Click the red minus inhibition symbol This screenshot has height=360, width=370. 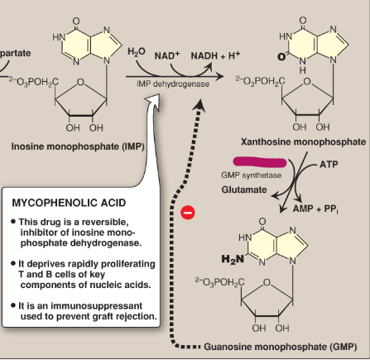pyautogui.click(x=188, y=212)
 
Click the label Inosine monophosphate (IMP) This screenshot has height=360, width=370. pyautogui.click(x=67, y=146)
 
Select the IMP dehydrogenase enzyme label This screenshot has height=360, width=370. pyautogui.click(x=173, y=83)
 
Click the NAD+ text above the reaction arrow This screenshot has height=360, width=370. pyautogui.click(x=166, y=55)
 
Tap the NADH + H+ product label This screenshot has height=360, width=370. pyautogui.click(x=218, y=55)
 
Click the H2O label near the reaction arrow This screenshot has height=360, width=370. pyautogui.click(x=137, y=53)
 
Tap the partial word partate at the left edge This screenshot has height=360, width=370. pyautogui.click(x=16, y=52)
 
